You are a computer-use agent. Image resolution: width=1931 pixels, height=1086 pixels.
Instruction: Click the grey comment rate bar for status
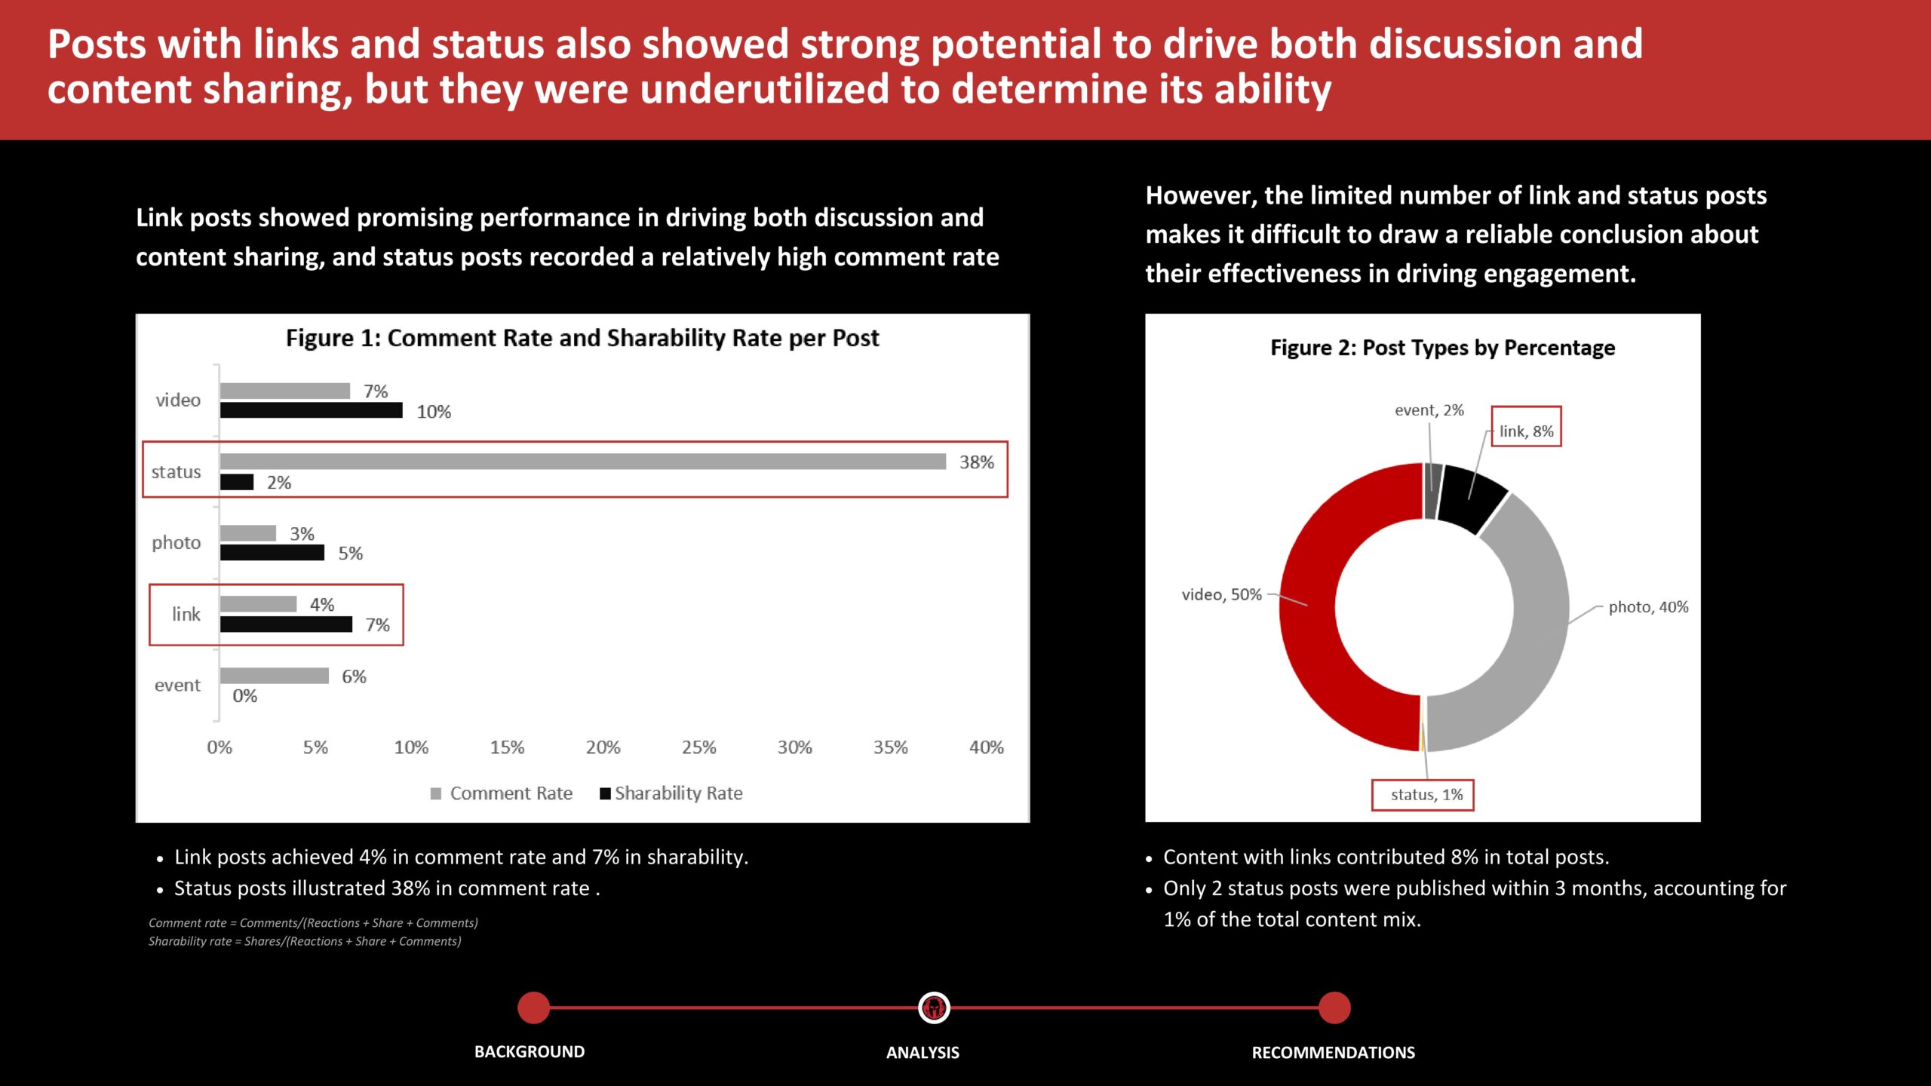tap(583, 462)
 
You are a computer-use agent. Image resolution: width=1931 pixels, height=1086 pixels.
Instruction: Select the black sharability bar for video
tap(312, 410)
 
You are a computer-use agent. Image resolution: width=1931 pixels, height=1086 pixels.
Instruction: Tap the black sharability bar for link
tap(286, 624)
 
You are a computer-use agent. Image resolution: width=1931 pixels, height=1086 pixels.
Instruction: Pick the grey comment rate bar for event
tap(275, 676)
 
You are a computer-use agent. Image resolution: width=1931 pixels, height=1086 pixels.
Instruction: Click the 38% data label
tap(977, 462)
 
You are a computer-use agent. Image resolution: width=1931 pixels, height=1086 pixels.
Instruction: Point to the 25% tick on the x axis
tap(699, 747)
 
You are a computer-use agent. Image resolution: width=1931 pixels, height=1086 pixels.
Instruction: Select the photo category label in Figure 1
tap(177, 543)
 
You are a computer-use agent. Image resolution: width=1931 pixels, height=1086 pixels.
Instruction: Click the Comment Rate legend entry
tap(502, 793)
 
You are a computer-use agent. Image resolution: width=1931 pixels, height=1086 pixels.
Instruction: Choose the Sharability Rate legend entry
tap(671, 793)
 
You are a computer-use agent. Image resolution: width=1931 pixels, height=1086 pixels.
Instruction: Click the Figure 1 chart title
tap(582, 339)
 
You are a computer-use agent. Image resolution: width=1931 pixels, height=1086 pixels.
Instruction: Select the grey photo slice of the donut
tap(1531, 626)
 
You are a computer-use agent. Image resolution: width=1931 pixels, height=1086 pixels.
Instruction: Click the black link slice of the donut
tap(1471, 498)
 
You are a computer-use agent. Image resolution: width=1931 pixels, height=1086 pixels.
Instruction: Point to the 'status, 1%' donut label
tap(1426, 795)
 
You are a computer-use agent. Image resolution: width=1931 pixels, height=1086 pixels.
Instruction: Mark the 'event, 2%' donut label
tap(1429, 410)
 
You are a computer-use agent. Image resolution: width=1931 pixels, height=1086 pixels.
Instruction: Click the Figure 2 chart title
tap(1443, 348)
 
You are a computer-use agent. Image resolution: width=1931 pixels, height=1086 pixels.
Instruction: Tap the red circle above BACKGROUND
tap(534, 1008)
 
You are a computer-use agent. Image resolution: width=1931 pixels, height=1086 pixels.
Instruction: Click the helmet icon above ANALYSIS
tap(934, 1008)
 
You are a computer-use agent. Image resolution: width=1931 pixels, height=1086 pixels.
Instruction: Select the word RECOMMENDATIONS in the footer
tap(1334, 1053)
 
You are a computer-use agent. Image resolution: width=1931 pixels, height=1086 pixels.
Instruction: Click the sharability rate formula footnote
tap(305, 941)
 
